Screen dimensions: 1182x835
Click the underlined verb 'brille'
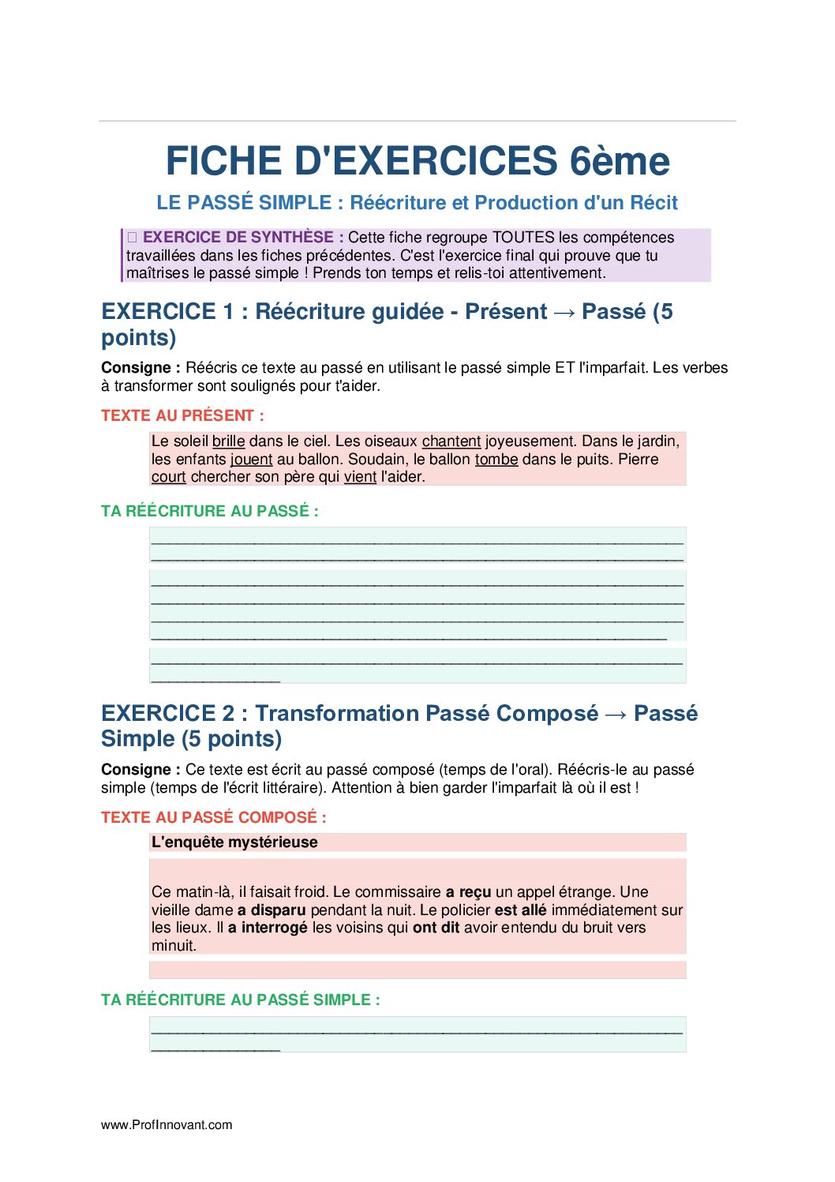coord(228,441)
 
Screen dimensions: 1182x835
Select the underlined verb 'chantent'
coord(451,441)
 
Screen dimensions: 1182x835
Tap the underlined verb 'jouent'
coord(251,460)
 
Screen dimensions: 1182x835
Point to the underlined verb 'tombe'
coord(496,460)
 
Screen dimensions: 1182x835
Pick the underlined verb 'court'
coord(169,477)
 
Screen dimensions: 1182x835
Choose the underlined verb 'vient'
coord(360,477)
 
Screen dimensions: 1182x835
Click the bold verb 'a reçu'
coord(469,892)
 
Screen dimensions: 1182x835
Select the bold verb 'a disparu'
coord(271,910)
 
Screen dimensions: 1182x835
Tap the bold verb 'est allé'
coord(520,910)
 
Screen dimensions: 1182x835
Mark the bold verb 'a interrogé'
coord(268,928)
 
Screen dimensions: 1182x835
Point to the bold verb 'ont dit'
coord(436,928)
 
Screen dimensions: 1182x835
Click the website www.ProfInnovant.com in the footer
coord(167,1125)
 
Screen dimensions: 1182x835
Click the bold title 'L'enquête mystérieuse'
coord(234,842)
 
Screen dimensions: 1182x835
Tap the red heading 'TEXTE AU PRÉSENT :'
coord(182,416)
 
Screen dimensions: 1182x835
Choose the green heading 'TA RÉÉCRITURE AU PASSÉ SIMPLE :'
coord(240,1000)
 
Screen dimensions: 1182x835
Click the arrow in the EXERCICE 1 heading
coord(564,313)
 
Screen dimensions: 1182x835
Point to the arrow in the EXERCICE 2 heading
coord(616,715)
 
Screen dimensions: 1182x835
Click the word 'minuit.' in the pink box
coord(174,946)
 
